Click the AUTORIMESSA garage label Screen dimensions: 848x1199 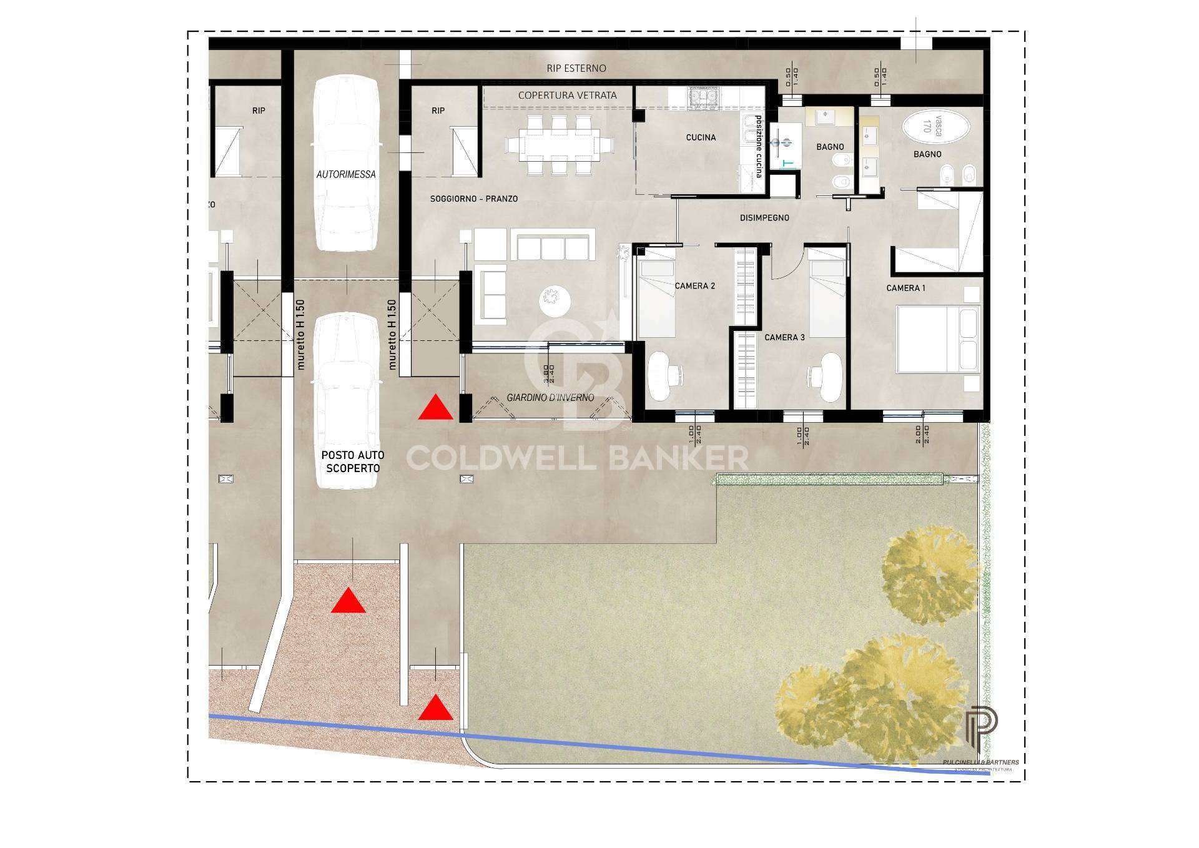pyautogui.click(x=346, y=175)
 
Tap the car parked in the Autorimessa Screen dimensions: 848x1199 pyautogui.click(x=347, y=162)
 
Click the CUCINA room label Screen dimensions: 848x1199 pyautogui.click(x=701, y=137)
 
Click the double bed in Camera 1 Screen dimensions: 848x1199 pyautogui.click(x=937, y=339)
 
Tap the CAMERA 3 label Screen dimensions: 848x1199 pyautogui.click(x=785, y=337)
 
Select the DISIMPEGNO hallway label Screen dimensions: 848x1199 pyautogui.click(x=764, y=218)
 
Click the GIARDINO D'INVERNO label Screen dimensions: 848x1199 pyautogui.click(x=550, y=398)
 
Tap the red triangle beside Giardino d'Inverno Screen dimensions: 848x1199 pyautogui.click(x=435, y=408)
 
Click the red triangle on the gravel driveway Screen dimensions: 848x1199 pyautogui.click(x=348, y=601)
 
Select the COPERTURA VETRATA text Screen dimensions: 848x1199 pyautogui.click(x=567, y=95)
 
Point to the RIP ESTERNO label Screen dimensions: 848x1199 pyautogui.click(x=576, y=68)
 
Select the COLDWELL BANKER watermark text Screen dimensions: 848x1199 pyautogui.click(x=577, y=458)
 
